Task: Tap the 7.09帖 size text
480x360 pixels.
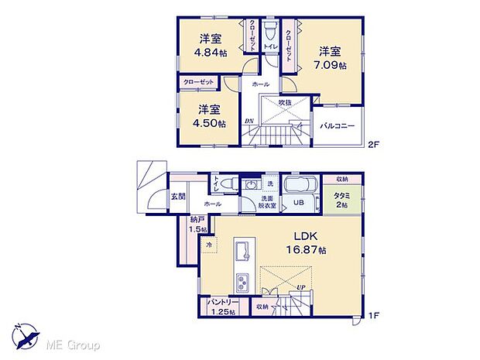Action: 330,66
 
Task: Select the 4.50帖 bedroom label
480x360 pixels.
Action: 205,123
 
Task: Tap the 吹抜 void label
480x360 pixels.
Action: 286,102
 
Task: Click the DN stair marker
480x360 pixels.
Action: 249,122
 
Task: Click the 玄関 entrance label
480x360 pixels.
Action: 178,197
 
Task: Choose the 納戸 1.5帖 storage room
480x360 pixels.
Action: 198,226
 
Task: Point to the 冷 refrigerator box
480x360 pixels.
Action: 209,245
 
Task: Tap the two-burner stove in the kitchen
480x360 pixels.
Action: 242,281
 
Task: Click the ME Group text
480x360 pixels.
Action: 74,344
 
